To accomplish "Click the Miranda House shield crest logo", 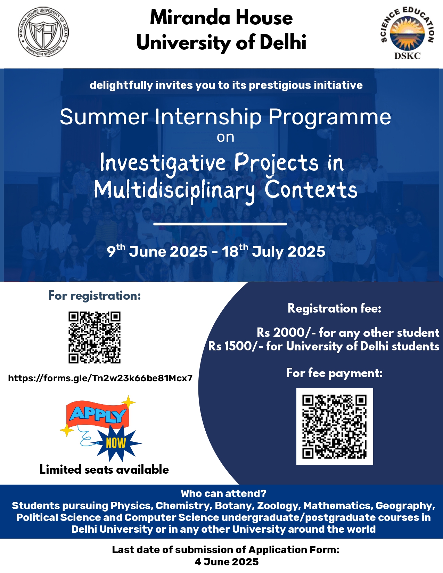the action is pyautogui.click(x=43, y=32).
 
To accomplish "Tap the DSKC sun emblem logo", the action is pyautogui.click(x=407, y=33).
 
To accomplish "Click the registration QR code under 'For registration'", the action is pyautogui.click(x=95, y=338).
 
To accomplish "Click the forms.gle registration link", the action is pyautogui.click(x=100, y=378).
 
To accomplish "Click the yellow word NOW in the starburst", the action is pyautogui.click(x=116, y=443).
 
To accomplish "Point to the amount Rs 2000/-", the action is pyautogui.click(x=286, y=333).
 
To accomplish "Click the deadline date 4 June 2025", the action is pyautogui.click(x=227, y=562).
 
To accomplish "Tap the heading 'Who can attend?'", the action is pyautogui.click(x=223, y=493).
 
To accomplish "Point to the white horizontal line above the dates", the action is pyautogui.click(x=220, y=224).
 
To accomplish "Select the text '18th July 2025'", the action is pyautogui.click(x=273, y=251).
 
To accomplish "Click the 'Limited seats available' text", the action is pyautogui.click(x=104, y=470).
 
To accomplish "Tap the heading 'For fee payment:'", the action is pyautogui.click(x=334, y=373).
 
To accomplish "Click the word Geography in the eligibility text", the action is pyautogui.click(x=405, y=506).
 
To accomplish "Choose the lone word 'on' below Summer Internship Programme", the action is pyautogui.click(x=225, y=138).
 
